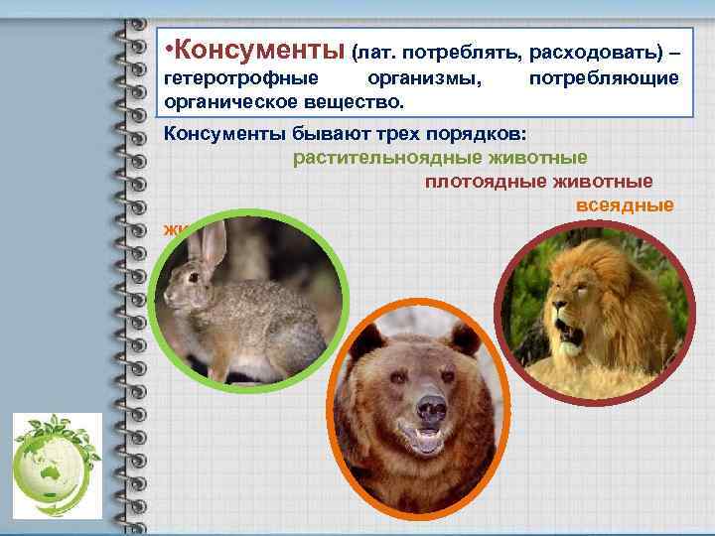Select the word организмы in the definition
(x=431, y=77)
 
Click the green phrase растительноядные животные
(x=440, y=157)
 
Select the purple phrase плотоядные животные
(x=538, y=181)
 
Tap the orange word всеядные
(x=625, y=204)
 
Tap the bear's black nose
(x=429, y=407)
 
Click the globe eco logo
(x=57, y=462)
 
